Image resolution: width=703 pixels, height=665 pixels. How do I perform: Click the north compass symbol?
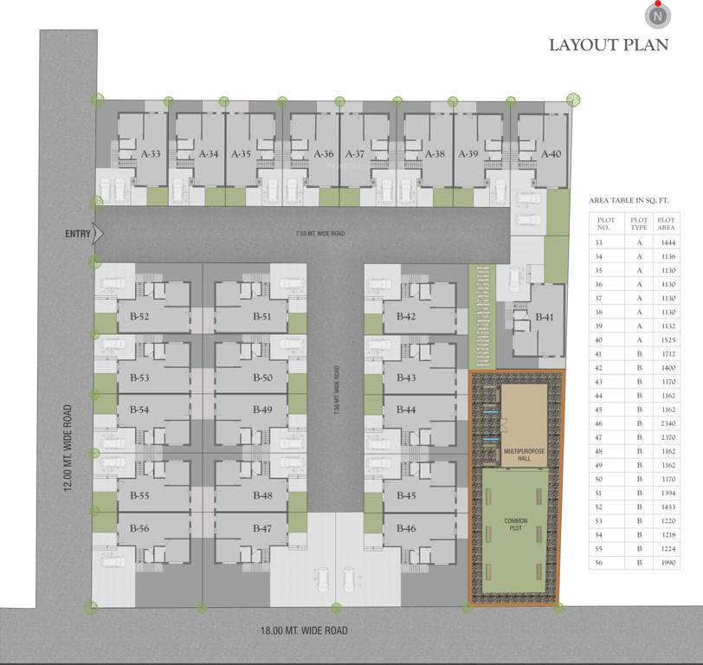tap(659, 15)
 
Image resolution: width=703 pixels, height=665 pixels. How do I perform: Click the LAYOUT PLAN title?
tap(609, 45)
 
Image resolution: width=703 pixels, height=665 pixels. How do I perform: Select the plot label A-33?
tap(151, 154)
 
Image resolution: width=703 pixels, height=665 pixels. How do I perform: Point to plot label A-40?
tap(551, 154)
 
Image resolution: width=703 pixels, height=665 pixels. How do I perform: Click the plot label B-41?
tap(545, 318)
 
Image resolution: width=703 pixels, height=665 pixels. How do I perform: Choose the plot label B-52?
tap(139, 317)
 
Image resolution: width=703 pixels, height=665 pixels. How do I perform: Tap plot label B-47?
tap(263, 528)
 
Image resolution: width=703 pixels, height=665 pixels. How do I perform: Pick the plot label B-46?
tap(406, 528)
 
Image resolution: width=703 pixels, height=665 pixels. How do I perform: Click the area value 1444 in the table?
tap(666, 244)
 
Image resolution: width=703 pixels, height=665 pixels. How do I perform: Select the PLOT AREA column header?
tap(666, 224)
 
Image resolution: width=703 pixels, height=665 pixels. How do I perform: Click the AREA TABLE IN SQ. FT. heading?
tap(632, 199)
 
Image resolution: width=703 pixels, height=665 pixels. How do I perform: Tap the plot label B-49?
tap(263, 410)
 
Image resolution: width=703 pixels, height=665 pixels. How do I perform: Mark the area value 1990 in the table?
tap(666, 563)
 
